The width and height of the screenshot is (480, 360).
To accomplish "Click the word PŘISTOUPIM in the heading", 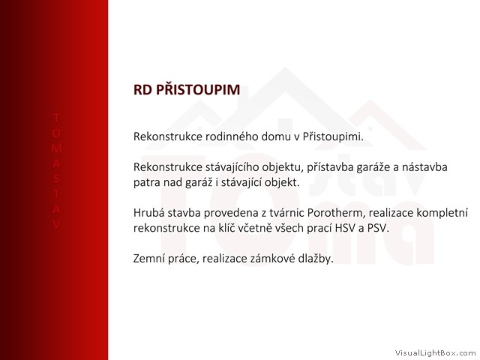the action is (198, 89).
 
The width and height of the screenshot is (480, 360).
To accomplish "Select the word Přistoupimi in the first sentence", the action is (333, 136).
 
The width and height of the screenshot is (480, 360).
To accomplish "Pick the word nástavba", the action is (424, 167).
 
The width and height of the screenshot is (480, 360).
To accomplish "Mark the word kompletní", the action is (442, 213).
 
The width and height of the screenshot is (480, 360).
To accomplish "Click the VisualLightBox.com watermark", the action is (435, 353).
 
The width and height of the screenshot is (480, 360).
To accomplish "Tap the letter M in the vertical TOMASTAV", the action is (56, 148).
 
